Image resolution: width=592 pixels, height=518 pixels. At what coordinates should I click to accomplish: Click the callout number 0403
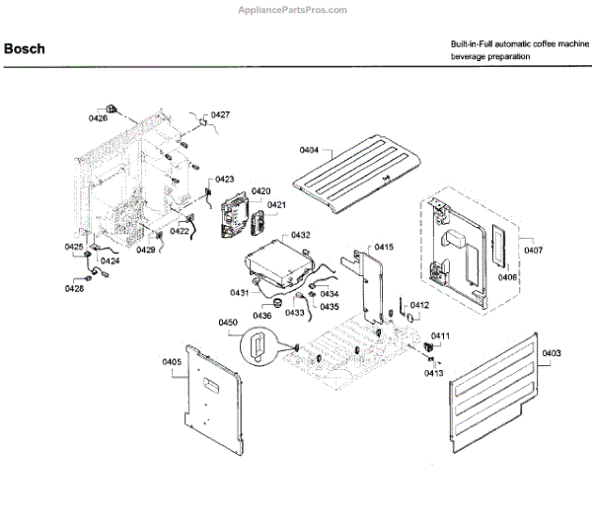click(552, 352)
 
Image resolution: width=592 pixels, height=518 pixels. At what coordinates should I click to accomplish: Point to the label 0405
click(172, 362)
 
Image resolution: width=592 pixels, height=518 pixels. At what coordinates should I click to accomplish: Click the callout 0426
click(98, 118)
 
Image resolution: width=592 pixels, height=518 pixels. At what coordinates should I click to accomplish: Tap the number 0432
click(300, 236)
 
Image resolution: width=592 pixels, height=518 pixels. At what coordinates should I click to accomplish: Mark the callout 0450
click(228, 323)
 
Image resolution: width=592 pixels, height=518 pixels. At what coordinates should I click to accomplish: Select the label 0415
click(383, 246)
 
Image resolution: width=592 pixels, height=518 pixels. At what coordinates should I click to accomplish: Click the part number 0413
click(434, 373)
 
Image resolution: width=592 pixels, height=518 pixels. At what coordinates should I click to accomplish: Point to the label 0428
click(75, 288)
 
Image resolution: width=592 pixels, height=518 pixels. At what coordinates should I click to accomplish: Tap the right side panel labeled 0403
click(498, 390)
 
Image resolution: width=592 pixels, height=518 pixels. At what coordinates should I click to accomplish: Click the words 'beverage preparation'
click(490, 58)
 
